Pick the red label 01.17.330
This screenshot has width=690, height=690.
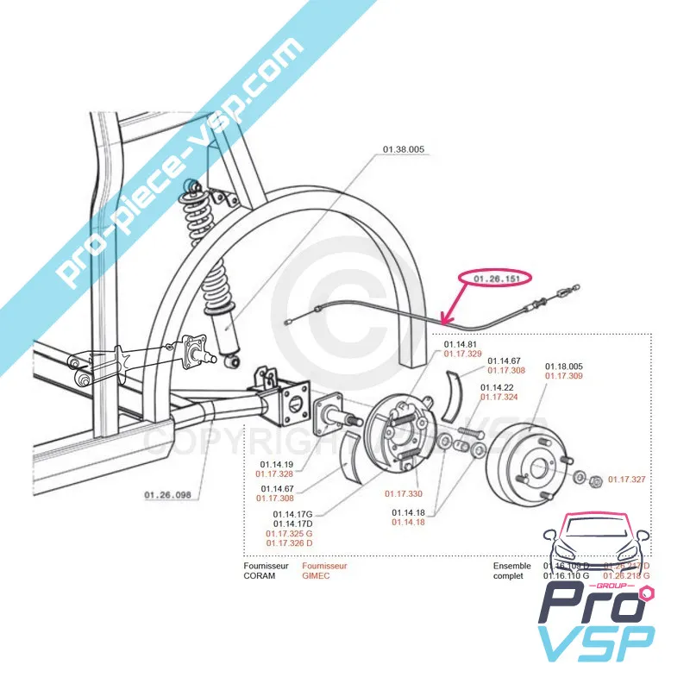point(404,493)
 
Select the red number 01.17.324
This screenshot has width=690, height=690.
point(499,397)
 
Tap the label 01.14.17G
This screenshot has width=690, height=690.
point(292,514)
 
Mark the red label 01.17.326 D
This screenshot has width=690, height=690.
point(289,543)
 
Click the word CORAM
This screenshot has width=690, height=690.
point(260,575)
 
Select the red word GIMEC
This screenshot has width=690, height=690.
point(316,575)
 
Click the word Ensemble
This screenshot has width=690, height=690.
point(512,566)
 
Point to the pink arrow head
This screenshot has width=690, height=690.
point(443,318)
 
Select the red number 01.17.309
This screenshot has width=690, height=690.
point(564,376)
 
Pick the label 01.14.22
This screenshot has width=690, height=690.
point(497,386)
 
